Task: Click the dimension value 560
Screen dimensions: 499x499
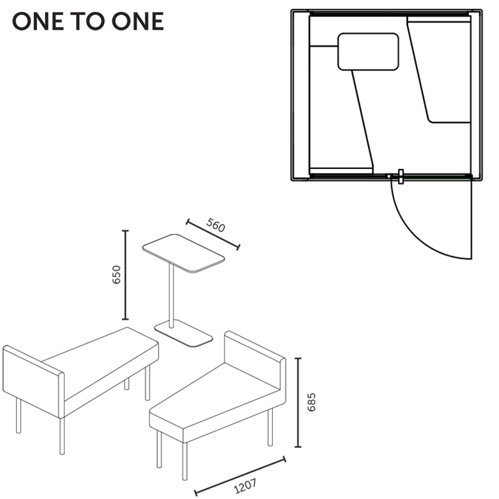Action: (216, 225)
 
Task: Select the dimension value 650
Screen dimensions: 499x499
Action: (117, 274)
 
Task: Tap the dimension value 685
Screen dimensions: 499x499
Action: (311, 402)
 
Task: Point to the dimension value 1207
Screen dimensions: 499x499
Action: (245, 486)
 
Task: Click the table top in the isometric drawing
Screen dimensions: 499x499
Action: (183, 253)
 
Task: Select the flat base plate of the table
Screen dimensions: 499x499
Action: (183, 333)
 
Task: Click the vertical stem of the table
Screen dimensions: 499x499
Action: (172, 296)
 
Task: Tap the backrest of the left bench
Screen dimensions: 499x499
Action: (34, 381)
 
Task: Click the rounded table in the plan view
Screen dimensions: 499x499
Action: (368, 52)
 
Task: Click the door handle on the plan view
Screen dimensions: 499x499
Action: (400, 177)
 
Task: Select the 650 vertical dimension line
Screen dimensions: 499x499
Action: (125, 274)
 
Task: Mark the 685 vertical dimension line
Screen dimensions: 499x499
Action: (298, 402)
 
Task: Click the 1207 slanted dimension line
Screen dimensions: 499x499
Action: (240, 476)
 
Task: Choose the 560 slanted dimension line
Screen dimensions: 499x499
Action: (213, 235)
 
